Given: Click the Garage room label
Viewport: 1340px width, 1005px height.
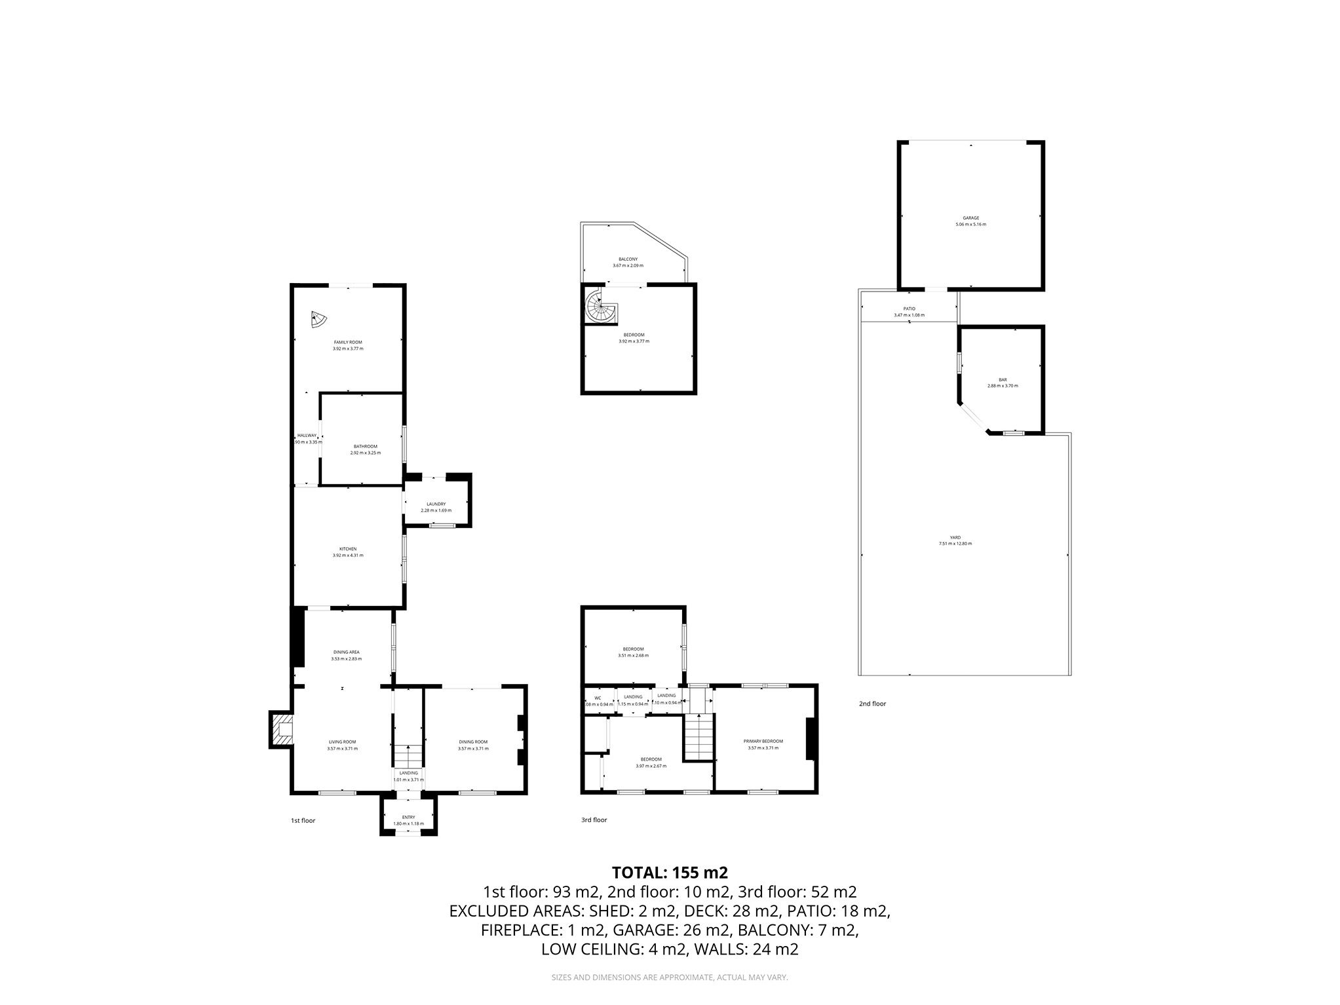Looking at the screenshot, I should (x=970, y=218).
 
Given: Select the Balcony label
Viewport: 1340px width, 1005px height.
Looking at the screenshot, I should (x=627, y=259).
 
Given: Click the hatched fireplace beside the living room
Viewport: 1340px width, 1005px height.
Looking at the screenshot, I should (x=282, y=729).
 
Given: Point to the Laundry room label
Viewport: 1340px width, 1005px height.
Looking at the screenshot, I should (x=435, y=504).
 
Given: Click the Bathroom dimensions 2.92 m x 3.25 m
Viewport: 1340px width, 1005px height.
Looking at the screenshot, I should (x=364, y=453).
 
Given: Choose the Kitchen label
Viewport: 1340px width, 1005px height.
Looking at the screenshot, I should (x=347, y=548).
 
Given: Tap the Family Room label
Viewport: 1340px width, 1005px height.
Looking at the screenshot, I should (x=347, y=342).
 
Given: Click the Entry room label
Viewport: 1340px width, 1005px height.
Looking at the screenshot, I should (x=408, y=817).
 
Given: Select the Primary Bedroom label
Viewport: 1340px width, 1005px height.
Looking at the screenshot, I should (x=763, y=741).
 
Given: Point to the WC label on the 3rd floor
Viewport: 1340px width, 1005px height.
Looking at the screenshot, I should (x=597, y=698).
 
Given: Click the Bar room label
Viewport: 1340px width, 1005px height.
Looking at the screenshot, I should (x=1002, y=379).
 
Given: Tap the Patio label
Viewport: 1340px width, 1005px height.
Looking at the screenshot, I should (x=908, y=309).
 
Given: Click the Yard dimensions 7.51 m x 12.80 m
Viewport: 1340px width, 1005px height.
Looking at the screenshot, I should (x=955, y=544).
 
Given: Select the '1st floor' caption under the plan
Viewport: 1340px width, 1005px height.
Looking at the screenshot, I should (x=303, y=820).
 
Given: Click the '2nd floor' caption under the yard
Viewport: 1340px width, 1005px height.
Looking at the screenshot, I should (x=871, y=704).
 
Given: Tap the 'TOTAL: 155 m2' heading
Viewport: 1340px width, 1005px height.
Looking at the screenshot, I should (x=669, y=873).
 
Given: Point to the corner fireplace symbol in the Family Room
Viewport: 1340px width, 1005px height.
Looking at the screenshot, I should (x=319, y=320).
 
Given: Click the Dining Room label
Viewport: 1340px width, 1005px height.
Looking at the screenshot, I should (x=472, y=742).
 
